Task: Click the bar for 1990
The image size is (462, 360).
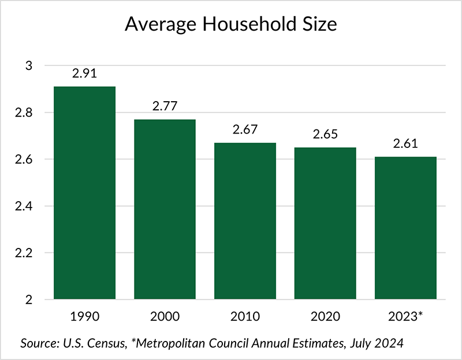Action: point(84,193)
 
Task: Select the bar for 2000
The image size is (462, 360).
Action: point(165,209)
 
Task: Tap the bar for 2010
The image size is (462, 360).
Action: point(245,221)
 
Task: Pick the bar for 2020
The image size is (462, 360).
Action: point(325,224)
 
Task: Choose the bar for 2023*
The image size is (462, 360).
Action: point(405,228)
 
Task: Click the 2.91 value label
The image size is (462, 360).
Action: point(84,74)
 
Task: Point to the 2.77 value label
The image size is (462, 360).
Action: point(165,107)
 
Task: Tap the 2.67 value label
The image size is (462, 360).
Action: point(245,130)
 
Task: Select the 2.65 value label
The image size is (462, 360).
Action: point(325,135)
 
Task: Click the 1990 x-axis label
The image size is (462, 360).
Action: point(84,317)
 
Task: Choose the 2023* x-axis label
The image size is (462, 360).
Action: point(405,317)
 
